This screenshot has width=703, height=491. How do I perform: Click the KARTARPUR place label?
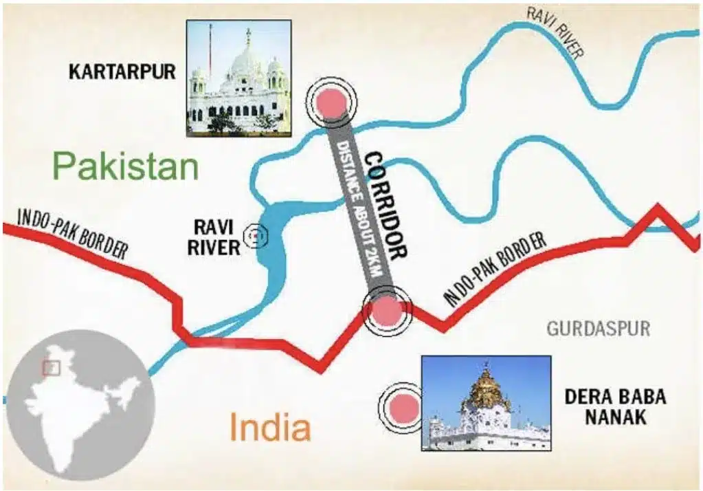(x=122, y=71)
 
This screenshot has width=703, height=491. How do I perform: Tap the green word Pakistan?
(x=126, y=166)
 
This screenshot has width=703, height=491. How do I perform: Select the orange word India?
(x=269, y=427)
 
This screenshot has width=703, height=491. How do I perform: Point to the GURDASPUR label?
(x=598, y=328)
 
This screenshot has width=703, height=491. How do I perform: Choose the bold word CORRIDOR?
(x=386, y=206)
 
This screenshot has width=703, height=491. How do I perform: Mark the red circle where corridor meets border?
(x=386, y=312)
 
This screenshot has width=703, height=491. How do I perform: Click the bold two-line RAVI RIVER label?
(x=214, y=237)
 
